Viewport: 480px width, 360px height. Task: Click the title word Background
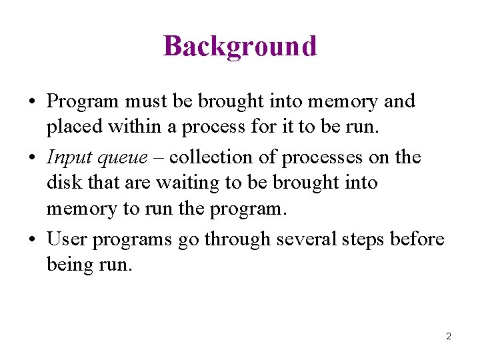tap(240, 47)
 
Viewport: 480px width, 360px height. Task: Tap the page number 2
tap(449, 337)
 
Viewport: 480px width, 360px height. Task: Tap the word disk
tap(63, 183)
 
